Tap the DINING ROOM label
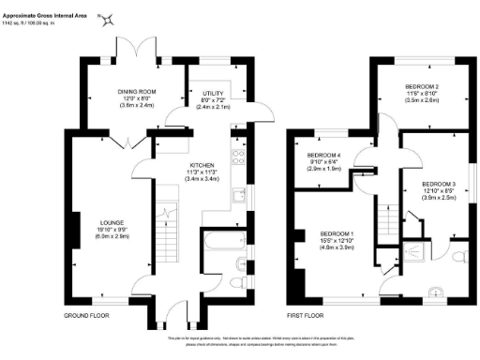tap(136, 91)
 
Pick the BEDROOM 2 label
tap(424, 87)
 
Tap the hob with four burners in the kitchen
tap(238, 157)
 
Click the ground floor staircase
tap(164, 225)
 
